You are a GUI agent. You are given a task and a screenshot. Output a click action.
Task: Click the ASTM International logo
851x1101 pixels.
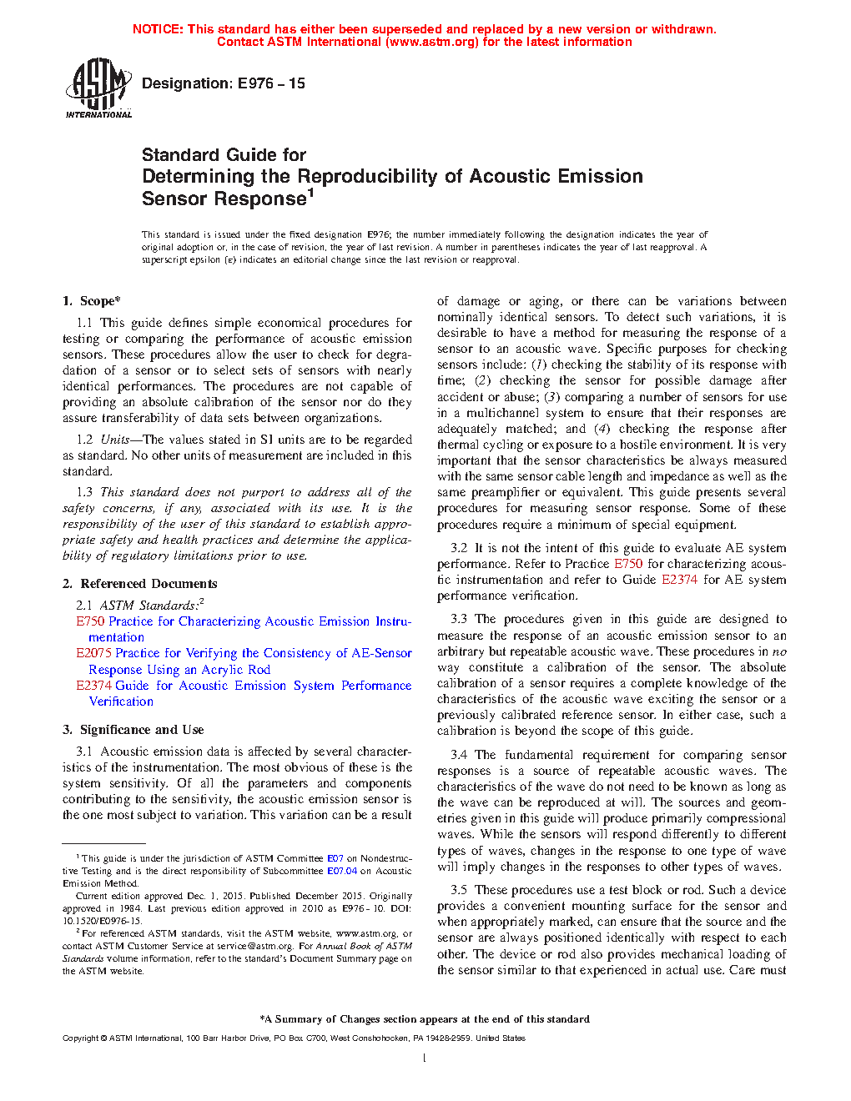pyautogui.click(x=98, y=87)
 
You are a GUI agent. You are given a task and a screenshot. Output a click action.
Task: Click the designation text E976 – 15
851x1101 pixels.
pyautogui.click(x=224, y=83)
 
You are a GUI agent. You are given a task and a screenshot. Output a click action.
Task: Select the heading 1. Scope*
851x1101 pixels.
pyautogui.click(x=92, y=301)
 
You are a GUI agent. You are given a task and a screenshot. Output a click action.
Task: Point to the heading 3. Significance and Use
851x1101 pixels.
pyautogui.click(x=133, y=730)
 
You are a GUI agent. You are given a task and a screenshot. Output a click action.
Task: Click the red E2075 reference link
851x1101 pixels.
pyautogui.click(x=93, y=653)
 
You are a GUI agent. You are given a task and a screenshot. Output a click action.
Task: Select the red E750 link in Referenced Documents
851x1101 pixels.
pyautogui.click(x=90, y=621)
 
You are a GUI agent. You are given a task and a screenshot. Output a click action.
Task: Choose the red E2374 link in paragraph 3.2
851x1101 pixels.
pyautogui.click(x=679, y=580)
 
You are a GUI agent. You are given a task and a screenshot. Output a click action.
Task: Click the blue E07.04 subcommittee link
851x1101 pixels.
pyautogui.click(x=341, y=871)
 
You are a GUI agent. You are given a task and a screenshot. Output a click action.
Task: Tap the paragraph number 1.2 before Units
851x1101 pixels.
pyautogui.click(x=84, y=440)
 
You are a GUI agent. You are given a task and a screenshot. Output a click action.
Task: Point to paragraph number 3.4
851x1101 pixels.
pyautogui.click(x=459, y=755)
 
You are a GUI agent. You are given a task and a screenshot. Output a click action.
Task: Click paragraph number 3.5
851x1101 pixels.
pyautogui.click(x=459, y=890)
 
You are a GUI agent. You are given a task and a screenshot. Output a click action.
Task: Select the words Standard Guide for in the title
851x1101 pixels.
pyautogui.click(x=224, y=155)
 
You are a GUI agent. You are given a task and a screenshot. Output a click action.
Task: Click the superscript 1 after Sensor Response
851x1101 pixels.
pyautogui.click(x=310, y=193)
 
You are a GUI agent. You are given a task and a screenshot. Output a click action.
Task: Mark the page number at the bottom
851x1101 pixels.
pyautogui.click(x=425, y=1058)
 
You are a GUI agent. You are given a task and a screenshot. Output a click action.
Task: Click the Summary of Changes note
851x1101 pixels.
pyautogui.click(x=425, y=1019)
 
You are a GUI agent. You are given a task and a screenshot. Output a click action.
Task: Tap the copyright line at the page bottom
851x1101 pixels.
pyautogui.click(x=294, y=1038)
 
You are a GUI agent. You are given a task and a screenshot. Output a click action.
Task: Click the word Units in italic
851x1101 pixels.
pyautogui.click(x=115, y=440)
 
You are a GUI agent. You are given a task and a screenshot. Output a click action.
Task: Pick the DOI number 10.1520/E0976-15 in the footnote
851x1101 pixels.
pyautogui.click(x=102, y=921)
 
